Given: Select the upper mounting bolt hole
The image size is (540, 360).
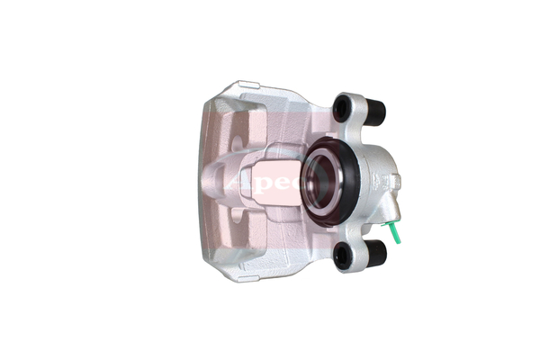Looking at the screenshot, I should [x=343, y=108].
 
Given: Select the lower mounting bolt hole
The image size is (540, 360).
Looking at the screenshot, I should [x=343, y=256].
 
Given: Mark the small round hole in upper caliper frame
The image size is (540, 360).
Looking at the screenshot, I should [x=236, y=142].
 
